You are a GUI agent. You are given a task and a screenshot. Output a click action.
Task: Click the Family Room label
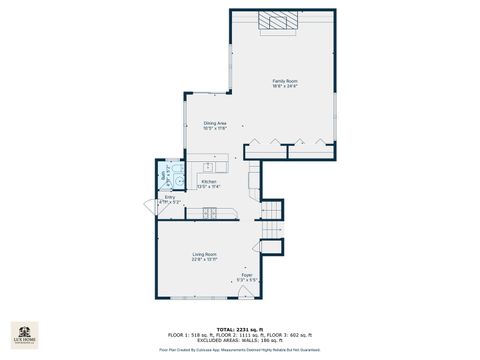(283, 80)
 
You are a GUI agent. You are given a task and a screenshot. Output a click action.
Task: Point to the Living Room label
(204, 254)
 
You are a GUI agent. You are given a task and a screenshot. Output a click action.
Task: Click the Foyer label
(246, 274)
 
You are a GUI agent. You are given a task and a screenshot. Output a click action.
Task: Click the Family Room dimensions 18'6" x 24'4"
(283, 86)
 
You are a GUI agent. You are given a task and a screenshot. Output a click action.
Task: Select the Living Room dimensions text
(204, 260)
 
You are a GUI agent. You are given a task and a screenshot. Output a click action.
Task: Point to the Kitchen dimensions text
(208, 186)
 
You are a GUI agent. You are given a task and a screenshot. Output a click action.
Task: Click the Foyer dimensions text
(246, 280)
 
